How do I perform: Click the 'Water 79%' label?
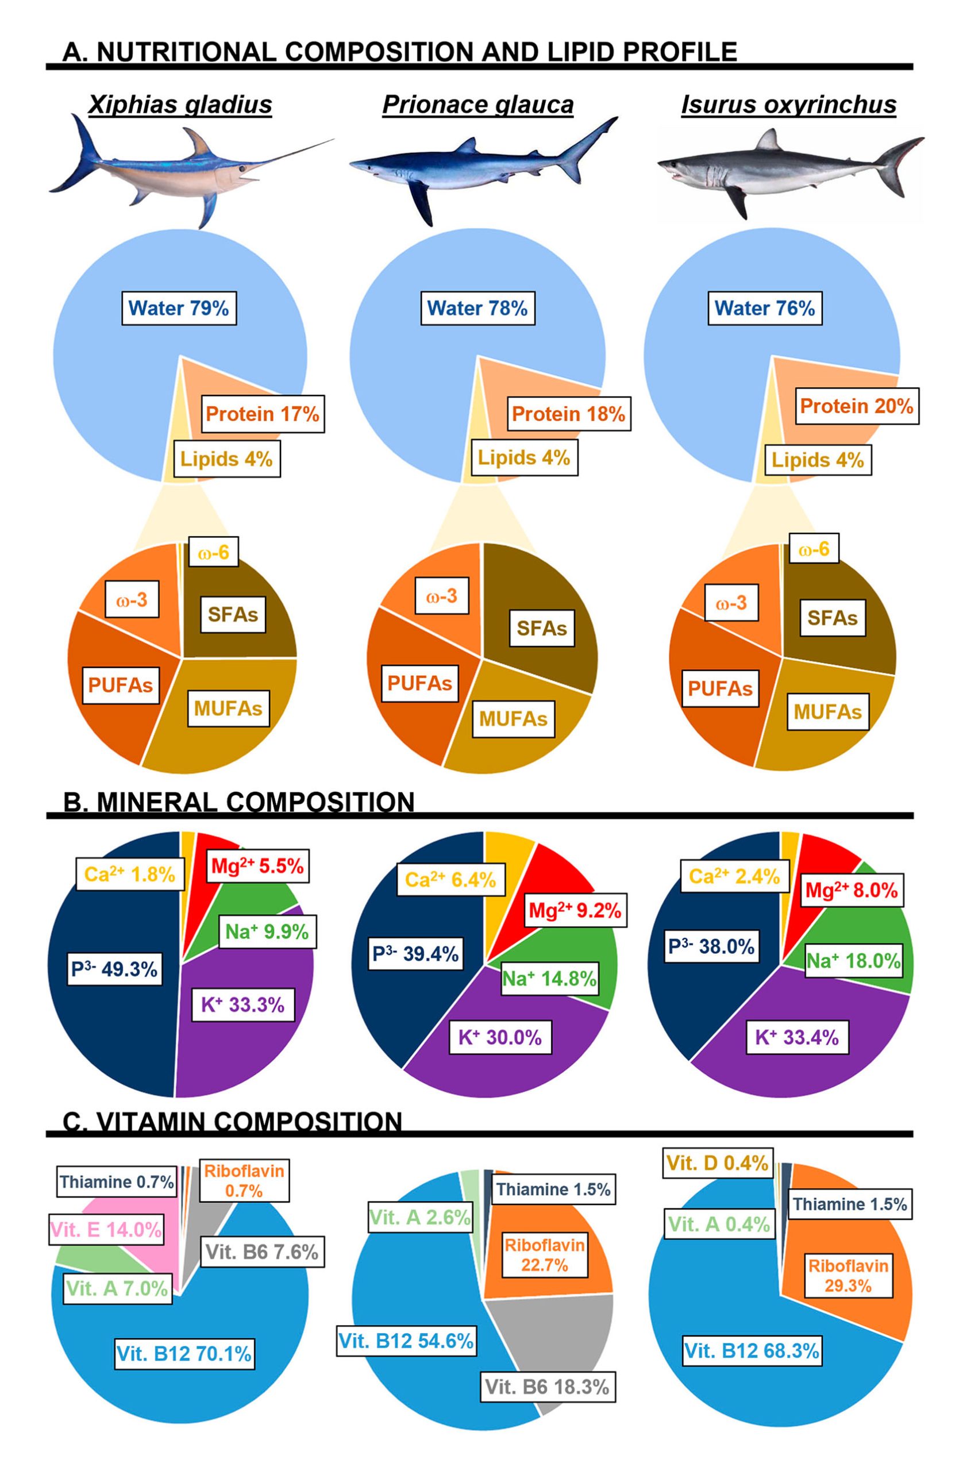[179, 308]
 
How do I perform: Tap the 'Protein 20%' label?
[857, 406]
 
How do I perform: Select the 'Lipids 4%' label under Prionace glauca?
[524, 458]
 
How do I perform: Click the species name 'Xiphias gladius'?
[180, 105]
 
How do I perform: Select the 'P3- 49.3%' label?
[114, 969]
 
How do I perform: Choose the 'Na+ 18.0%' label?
[854, 961]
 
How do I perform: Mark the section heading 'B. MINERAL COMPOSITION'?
[239, 802]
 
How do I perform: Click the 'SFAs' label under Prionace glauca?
[542, 628]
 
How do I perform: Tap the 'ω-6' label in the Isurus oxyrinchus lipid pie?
[814, 549]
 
